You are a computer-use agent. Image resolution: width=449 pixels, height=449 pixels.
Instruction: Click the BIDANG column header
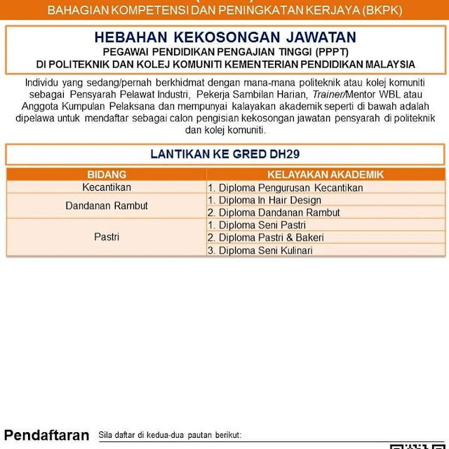click(x=107, y=175)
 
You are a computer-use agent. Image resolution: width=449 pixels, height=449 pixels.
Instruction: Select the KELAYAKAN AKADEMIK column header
click(x=326, y=175)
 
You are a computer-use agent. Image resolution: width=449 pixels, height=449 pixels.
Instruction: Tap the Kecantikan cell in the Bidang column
click(x=107, y=187)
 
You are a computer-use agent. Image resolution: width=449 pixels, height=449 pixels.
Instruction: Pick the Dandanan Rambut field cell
click(x=107, y=206)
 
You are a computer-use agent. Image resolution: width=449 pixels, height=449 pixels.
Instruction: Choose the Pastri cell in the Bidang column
click(x=107, y=237)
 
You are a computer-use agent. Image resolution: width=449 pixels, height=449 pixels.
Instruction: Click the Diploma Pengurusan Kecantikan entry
click(x=285, y=188)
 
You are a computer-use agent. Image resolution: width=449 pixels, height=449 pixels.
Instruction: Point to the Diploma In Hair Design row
click(x=264, y=200)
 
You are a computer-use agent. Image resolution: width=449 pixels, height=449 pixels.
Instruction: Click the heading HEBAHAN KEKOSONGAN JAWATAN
click(x=225, y=38)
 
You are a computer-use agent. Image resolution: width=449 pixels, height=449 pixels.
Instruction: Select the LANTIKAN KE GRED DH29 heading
click(x=225, y=154)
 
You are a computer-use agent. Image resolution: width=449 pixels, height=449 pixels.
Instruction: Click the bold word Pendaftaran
click(x=47, y=435)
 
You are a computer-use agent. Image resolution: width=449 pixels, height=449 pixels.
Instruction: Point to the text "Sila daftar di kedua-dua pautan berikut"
click(x=170, y=436)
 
